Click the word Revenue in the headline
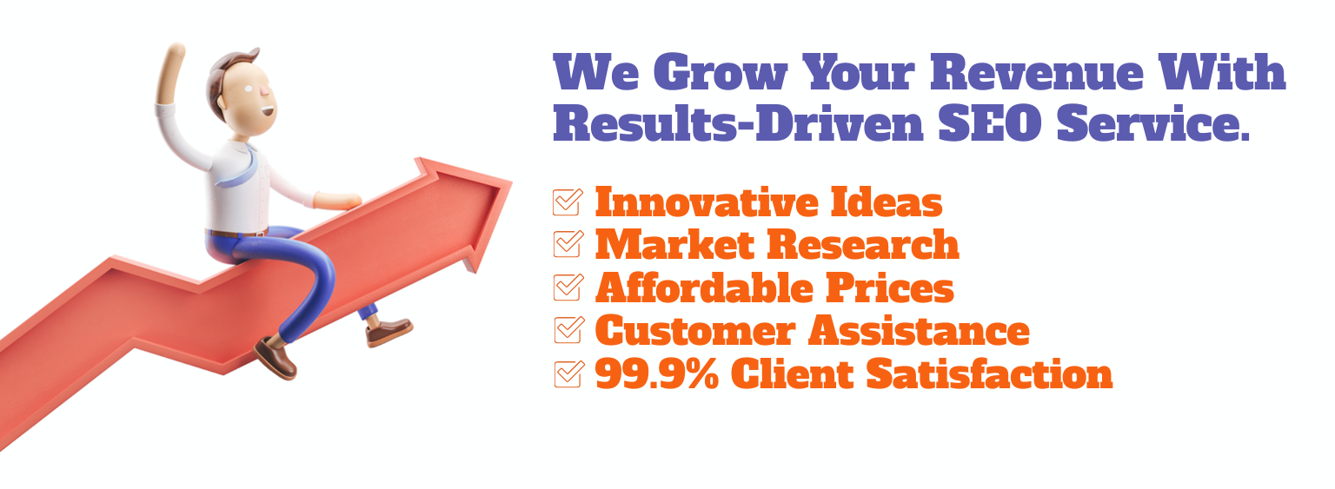1037,72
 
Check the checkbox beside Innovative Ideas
568,202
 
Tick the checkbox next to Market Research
568,245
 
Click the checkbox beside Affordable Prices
568,287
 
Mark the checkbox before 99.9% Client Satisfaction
568,374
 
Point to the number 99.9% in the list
657,374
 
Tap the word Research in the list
863,245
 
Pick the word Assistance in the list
919,331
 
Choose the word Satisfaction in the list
989,374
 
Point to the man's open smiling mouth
269,111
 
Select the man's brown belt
236,233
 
